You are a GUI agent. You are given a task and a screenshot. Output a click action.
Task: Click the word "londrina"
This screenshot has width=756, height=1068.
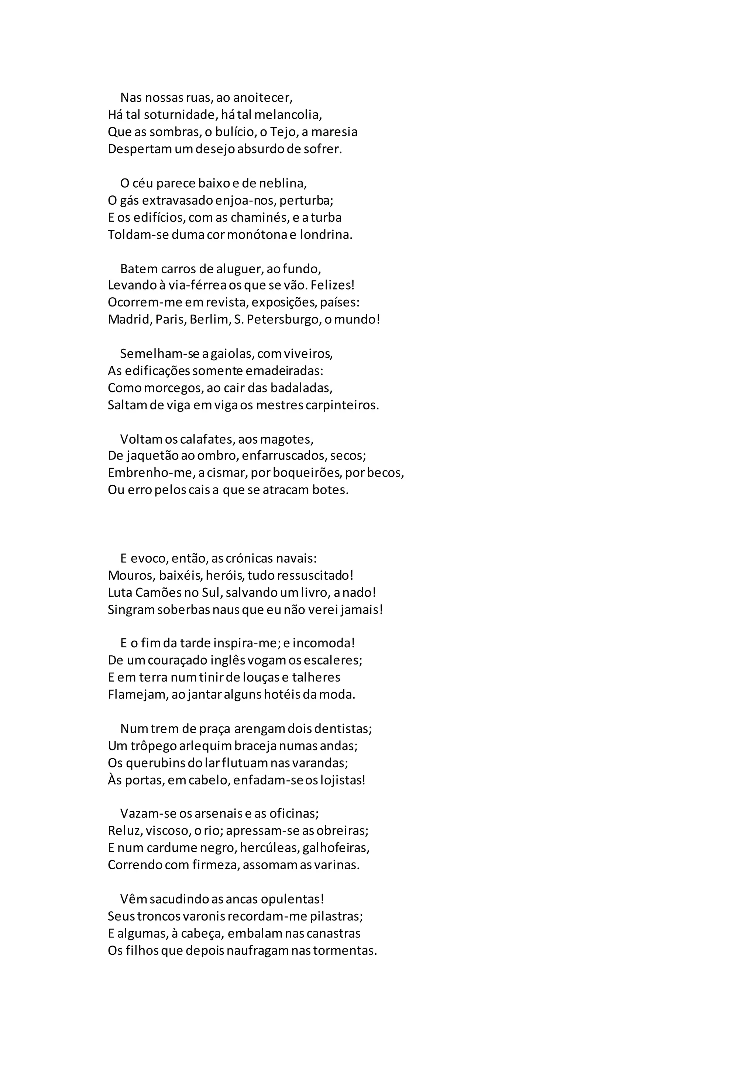pyautogui.click(x=325, y=235)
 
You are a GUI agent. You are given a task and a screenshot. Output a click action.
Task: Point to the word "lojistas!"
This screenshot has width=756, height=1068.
pyautogui.click(x=343, y=780)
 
